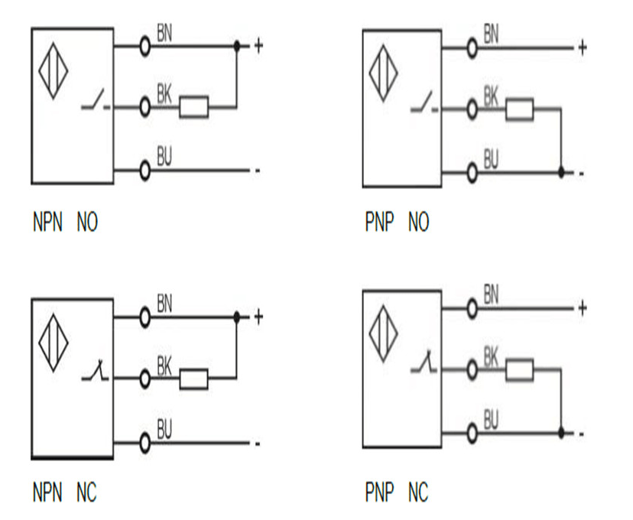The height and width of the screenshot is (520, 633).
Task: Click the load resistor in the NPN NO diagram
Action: [193, 107]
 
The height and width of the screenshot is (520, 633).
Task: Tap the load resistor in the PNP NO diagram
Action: [520, 109]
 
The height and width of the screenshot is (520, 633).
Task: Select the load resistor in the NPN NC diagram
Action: [193, 379]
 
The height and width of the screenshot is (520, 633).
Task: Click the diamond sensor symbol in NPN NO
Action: [53, 69]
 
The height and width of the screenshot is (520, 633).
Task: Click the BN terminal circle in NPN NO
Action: [144, 46]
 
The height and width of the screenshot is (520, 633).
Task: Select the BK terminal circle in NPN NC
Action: [144, 378]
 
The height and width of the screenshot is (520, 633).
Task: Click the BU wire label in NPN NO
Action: [164, 157]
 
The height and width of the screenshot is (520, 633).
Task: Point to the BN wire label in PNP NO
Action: [492, 34]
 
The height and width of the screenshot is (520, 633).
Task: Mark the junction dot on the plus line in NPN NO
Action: [237, 46]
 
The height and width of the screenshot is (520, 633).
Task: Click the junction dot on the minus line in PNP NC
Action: [562, 433]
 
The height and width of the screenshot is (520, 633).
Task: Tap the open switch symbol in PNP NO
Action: [423, 103]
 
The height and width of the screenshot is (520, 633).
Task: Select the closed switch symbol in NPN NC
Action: [96, 375]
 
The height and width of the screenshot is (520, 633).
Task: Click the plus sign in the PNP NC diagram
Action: [582, 308]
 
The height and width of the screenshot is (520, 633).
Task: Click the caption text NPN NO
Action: [65, 223]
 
